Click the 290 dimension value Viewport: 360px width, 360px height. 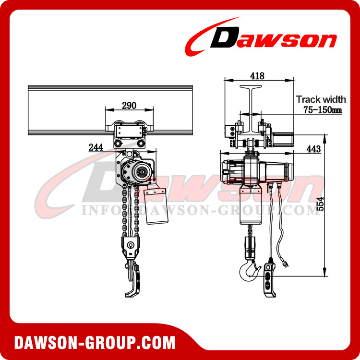point(129,105)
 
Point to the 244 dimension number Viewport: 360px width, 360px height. point(96,147)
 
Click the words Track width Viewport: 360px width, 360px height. point(321,99)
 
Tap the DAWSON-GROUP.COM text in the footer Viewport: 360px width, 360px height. point(95,343)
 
